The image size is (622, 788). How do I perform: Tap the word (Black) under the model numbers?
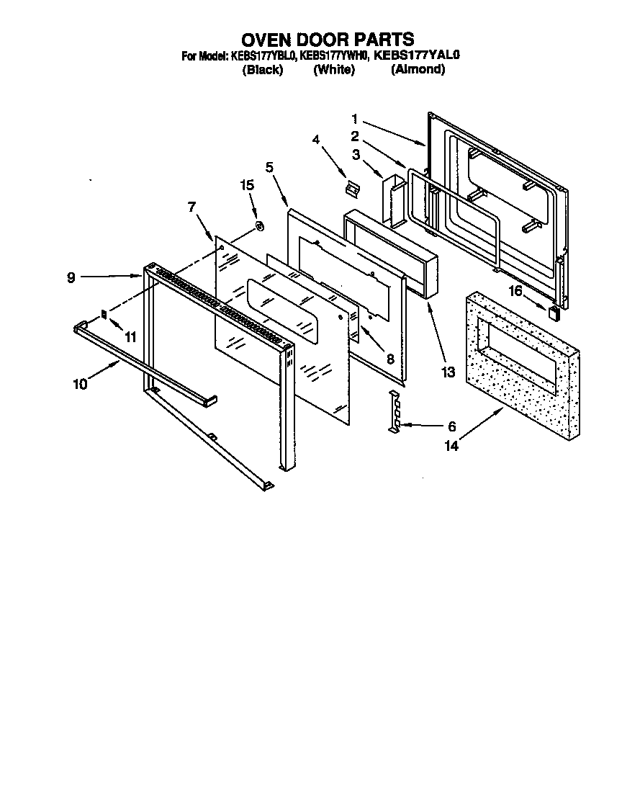[263, 70]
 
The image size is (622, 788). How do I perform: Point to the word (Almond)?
[418, 70]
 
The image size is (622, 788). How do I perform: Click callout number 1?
[355, 119]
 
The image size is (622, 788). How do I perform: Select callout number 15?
[247, 185]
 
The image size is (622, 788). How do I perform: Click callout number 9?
[71, 277]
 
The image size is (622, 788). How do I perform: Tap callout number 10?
[80, 384]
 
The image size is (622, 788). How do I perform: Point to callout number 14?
[451, 446]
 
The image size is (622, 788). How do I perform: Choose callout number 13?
[449, 372]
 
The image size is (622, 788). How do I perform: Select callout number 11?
[130, 336]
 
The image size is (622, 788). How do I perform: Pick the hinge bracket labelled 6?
[393, 414]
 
